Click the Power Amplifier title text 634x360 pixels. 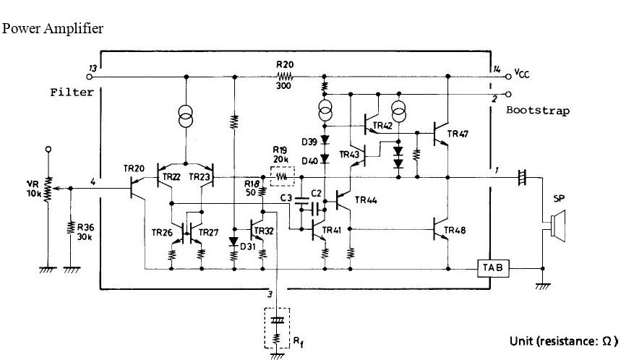[x=53, y=29]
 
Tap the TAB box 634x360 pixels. [x=494, y=267]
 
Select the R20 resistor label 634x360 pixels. [x=284, y=65]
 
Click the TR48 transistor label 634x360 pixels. [x=455, y=231]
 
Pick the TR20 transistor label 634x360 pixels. [x=134, y=168]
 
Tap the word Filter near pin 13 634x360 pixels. [x=72, y=93]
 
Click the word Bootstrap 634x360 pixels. [x=537, y=111]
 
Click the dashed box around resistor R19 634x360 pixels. [x=283, y=176]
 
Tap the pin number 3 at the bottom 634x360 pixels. [x=269, y=295]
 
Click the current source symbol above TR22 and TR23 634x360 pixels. [x=187, y=117]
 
